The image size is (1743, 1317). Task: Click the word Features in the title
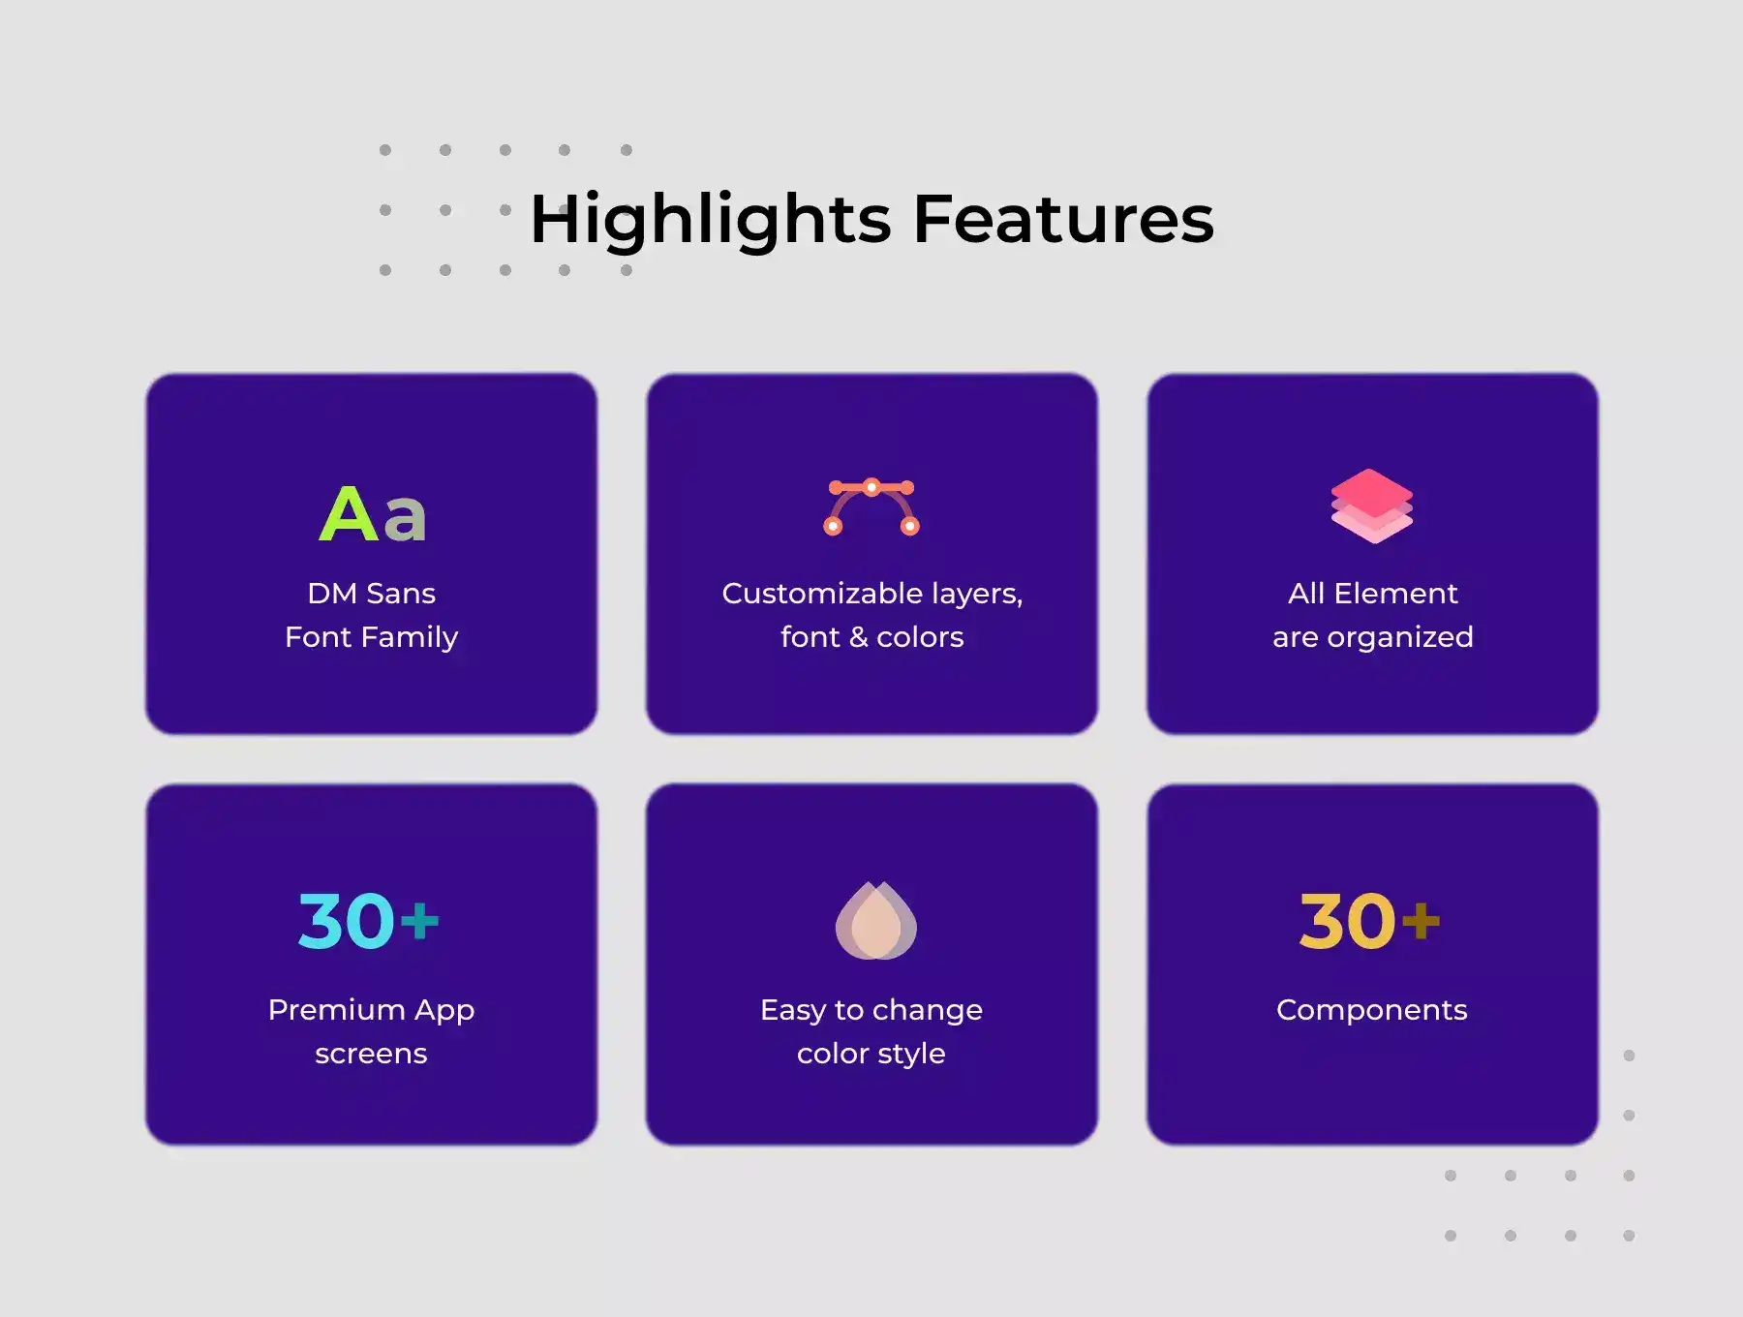(1063, 218)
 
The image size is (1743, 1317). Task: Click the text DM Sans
(371, 593)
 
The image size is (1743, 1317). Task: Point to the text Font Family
(371, 637)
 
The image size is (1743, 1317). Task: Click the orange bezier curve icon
(871, 506)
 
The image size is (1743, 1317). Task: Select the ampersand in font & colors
(858, 637)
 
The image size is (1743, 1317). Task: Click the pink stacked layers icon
(1372, 505)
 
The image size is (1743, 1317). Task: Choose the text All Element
(1372, 593)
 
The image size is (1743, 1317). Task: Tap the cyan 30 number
(347, 921)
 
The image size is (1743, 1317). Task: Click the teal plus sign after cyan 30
(420, 921)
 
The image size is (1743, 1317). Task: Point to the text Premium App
(371, 1010)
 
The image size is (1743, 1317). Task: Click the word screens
(371, 1054)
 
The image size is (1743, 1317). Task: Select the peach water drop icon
(875, 920)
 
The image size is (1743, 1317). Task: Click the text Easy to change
(871, 1010)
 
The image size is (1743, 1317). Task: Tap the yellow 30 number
(1348, 921)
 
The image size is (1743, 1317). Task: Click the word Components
(1372, 1011)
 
